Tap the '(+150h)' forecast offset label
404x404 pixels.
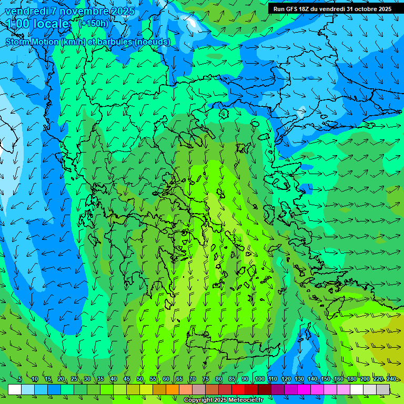pyautogui.click(x=94, y=23)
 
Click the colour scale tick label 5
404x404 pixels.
pyautogui.click(x=20, y=379)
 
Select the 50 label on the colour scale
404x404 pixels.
pyautogui.click(x=140, y=379)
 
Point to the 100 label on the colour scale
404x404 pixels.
pyautogui.click(x=259, y=379)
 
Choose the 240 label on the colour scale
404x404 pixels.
pyautogui.click(x=391, y=379)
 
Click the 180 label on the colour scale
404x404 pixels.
pyautogui.click(x=351, y=379)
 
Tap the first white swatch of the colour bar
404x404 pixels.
pyautogui.click(x=15, y=389)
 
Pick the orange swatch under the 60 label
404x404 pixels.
pyautogui.click(x=159, y=389)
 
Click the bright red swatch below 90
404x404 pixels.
pyautogui.click(x=238, y=389)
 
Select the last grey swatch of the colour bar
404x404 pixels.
pyautogui.click(x=383, y=389)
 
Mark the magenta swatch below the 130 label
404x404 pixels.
pyautogui.click(x=304, y=389)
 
